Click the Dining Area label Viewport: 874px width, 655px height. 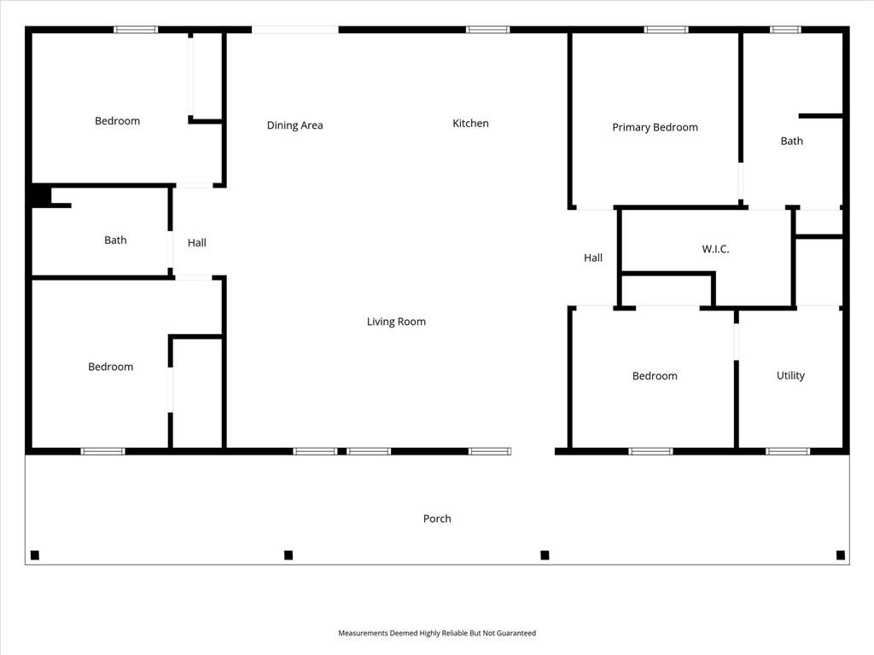[294, 125]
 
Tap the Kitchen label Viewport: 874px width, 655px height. [470, 123]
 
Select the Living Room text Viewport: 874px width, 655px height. [396, 322]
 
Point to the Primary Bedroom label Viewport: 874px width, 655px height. [655, 127]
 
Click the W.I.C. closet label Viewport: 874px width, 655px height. [715, 249]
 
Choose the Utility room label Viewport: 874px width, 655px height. [790, 375]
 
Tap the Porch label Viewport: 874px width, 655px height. [437, 519]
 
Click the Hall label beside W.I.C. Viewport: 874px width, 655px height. [593, 258]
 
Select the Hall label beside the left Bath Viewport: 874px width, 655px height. [197, 242]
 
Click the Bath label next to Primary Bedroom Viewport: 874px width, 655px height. [791, 141]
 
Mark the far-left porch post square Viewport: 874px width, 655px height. [34, 554]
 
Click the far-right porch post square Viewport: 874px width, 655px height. [841, 554]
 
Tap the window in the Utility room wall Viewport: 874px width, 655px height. [788, 451]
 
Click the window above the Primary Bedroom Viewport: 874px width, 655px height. [666, 30]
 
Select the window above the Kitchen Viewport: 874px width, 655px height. [487, 30]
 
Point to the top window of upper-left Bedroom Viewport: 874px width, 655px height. [136, 30]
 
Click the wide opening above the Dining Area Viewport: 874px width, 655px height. [294, 30]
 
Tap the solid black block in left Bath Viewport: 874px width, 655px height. [41, 196]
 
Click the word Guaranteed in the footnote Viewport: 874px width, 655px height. [516, 633]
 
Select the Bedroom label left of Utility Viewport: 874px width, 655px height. [655, 376]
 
